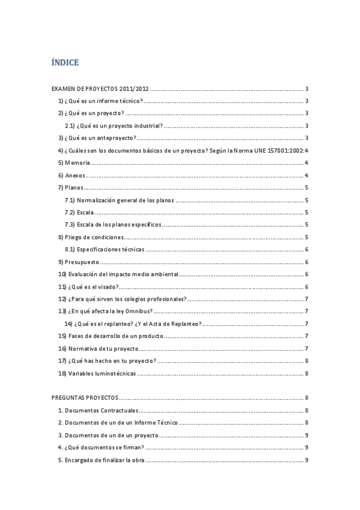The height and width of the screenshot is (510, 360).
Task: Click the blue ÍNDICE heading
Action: click(x=66, y=63)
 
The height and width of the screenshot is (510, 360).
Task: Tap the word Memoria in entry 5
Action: click(x=77, y=163)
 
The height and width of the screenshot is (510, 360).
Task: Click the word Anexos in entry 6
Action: click(x=75, y=176)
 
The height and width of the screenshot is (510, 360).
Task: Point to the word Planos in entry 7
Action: click(x=75, y=188)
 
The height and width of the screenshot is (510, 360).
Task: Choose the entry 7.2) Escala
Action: click(x=79, y=212)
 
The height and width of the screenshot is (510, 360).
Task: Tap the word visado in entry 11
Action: click(x=107, y=287)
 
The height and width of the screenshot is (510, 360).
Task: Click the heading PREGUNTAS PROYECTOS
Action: click(x=85, y=398)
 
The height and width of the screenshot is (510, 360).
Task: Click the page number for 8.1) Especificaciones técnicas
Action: click(x=307, y=250)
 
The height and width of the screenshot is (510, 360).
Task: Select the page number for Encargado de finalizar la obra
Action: click(x=307, y=460)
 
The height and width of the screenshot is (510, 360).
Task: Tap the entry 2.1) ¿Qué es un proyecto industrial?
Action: click(x=114, y=126)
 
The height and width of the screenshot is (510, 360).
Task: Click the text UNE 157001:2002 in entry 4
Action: click(x=278, y=150)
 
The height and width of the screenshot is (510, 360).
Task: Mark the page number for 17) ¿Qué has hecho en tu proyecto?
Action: click(x=307, y=361)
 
